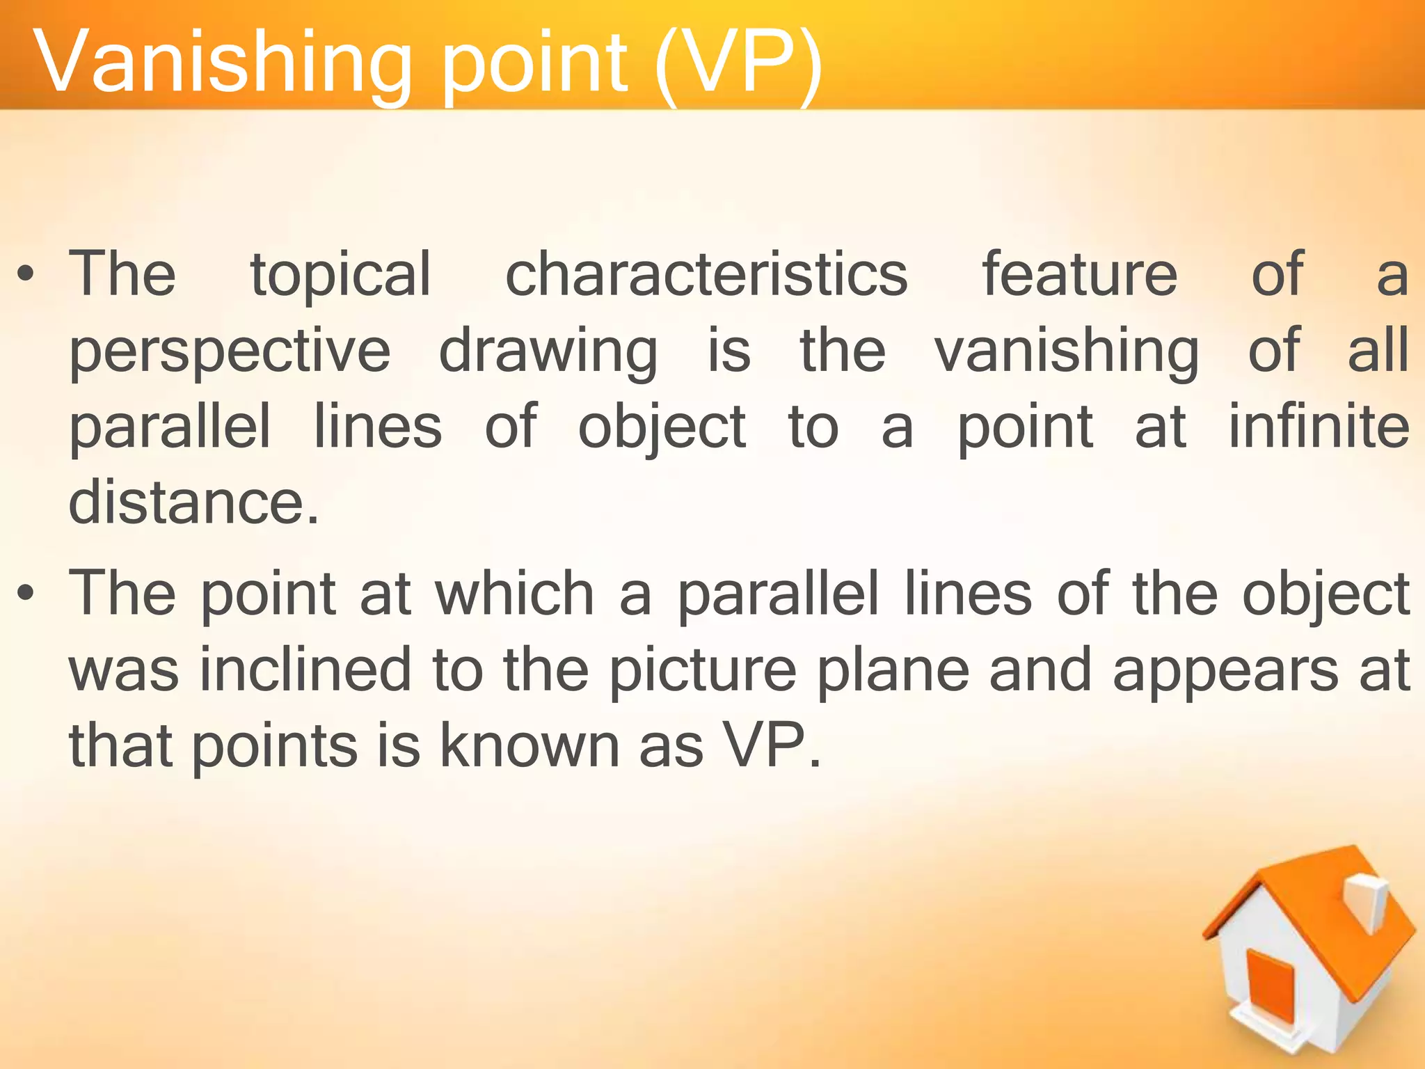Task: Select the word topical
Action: [340, 274]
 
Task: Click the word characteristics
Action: [706, 274]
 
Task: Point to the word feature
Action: [1079, 274]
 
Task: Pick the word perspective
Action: [230, 352]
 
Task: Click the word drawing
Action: [548, 352]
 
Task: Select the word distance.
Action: [193, 502]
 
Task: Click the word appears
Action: [1225, 672]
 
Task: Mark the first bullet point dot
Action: [26, 276]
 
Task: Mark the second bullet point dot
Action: [26, 594]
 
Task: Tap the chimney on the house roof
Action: [1367, 901]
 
